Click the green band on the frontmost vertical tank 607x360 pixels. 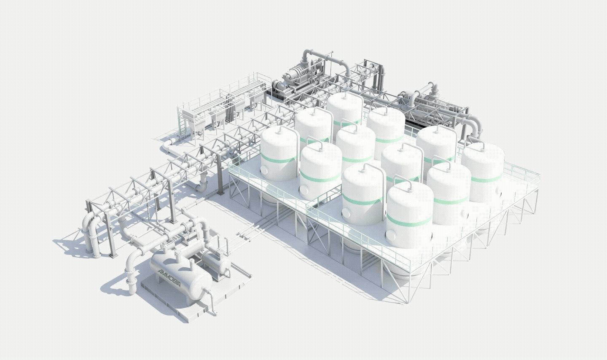click(x=409, y=220)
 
